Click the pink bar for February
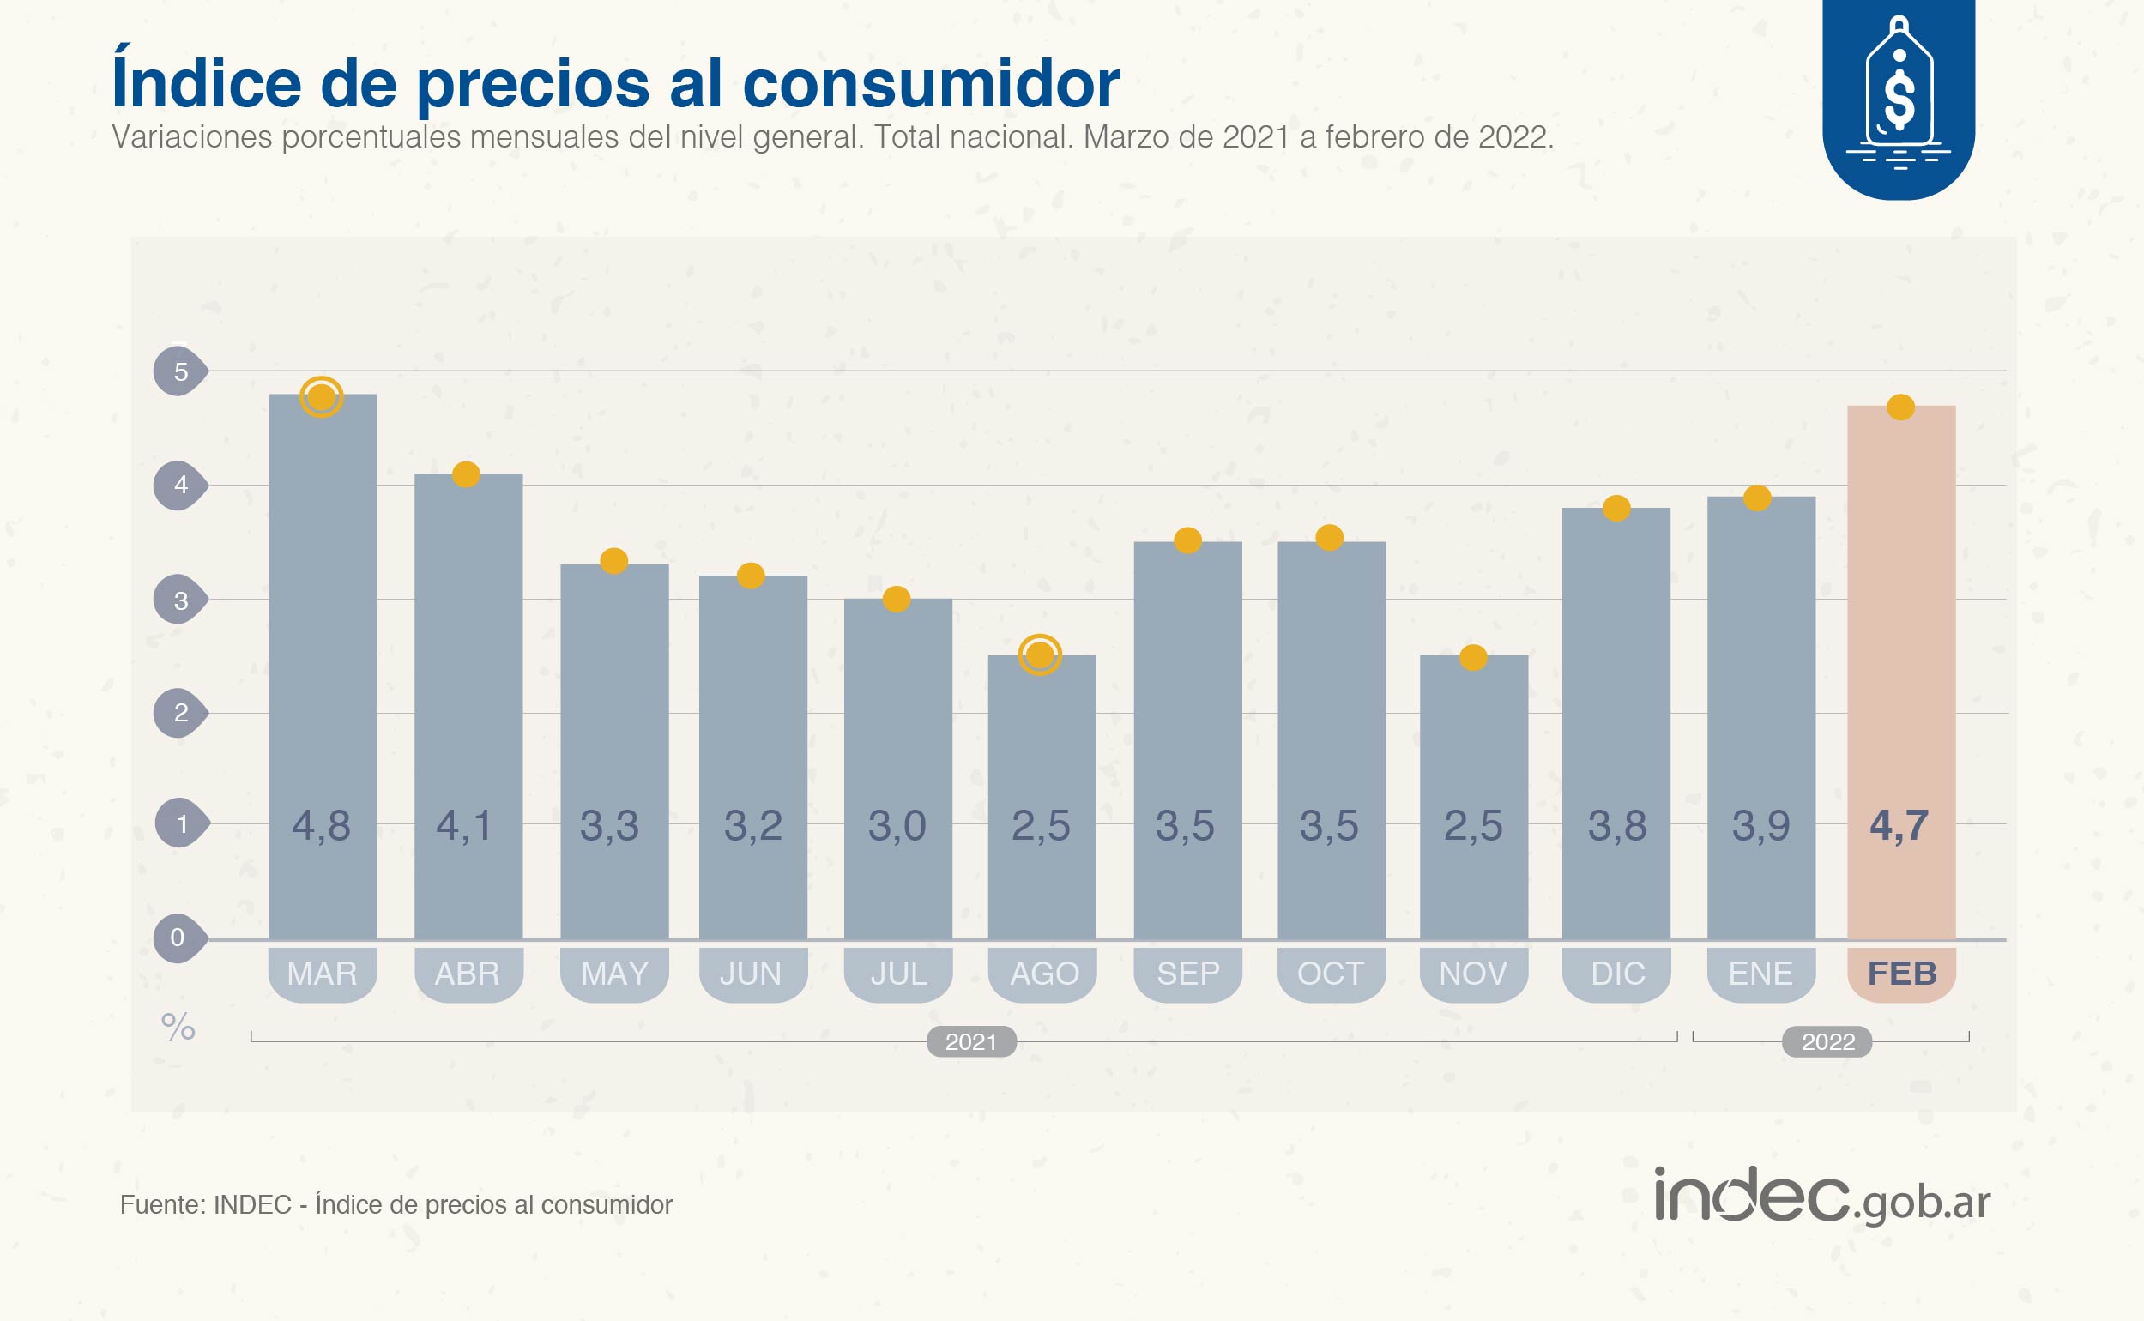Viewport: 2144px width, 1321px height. (1901, 673)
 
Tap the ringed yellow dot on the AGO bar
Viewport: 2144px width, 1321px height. (1040, 654)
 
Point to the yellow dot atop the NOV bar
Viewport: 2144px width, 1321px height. (1473, 657)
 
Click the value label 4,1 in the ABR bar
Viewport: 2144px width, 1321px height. (465, 825)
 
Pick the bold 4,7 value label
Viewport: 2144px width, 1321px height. (1899, 825)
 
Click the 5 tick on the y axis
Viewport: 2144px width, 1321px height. (180, 371)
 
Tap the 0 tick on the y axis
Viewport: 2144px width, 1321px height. (178, 938)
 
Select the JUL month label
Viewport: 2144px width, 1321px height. (898, 974)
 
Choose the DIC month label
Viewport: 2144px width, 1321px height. (1617, 974)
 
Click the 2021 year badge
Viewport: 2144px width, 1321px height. (970, 1041)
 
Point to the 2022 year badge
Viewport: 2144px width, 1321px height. (1827, 1041)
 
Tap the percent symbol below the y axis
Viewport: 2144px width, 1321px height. (178, 1027)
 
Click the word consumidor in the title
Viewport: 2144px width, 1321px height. (932, 84)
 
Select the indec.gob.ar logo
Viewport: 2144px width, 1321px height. (1822, 1197)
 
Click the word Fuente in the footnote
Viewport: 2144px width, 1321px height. (160, 1205)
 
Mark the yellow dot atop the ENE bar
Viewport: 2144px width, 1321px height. (1757, 498)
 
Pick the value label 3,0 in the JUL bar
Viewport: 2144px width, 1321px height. (897, 825)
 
